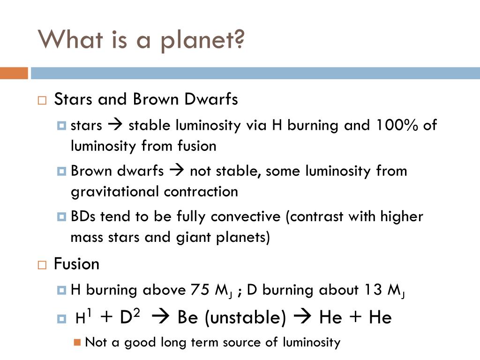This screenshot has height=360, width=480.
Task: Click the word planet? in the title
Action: (202, 41)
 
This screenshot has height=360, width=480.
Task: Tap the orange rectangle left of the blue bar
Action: (14, 73)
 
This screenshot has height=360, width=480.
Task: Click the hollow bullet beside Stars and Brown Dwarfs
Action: (42, 100)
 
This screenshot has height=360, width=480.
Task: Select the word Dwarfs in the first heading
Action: (211, 99)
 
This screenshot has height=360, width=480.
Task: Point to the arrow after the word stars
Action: (115, 125)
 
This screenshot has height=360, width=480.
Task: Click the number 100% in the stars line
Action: (397, 125)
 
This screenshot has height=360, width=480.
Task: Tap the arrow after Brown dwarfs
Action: (177, 170)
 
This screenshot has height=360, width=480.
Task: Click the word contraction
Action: (201, 192)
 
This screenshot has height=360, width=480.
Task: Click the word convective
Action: (246, 217)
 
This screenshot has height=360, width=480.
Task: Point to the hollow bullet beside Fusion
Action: (42, 265)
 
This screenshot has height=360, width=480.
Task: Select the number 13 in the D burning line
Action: (374, 290)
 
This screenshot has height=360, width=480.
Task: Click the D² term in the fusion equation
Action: (130, 316)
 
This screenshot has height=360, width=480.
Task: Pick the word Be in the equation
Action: (187, 317)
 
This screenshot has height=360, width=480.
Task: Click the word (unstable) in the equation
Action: (245, 317)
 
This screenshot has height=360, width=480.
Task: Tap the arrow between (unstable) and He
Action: (302, 316)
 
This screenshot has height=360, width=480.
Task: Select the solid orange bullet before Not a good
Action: (77, 342)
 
